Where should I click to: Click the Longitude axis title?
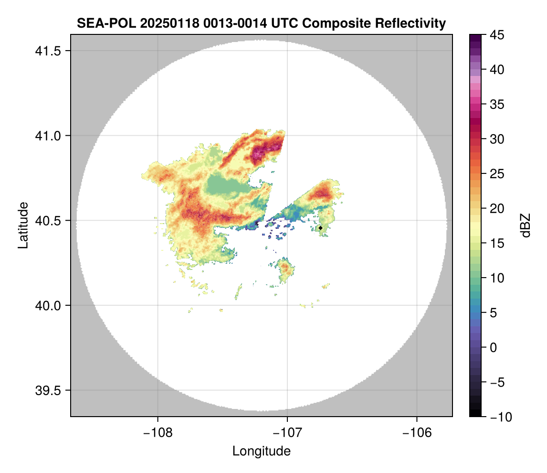[x=262, y=451]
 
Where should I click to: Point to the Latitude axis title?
[x=23, y=225]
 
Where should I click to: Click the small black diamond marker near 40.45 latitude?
[x=321, y=228]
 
